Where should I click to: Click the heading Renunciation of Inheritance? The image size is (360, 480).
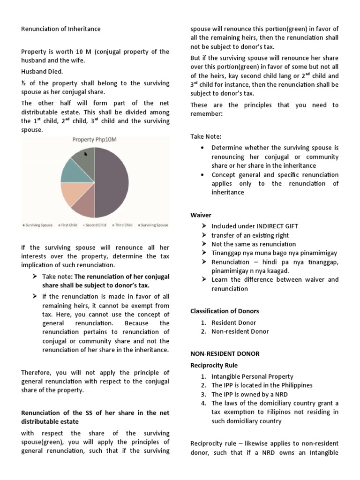coord(61,29)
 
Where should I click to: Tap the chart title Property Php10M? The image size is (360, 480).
coord(95,139)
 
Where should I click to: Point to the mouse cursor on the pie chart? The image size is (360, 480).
coord(86,154)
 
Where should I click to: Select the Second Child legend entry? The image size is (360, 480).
coord(95,225)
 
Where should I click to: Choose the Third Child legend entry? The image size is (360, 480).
coord(122,225)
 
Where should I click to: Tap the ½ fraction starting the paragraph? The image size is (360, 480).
coord(23,83)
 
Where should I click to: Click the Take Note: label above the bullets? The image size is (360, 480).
coord(206,136)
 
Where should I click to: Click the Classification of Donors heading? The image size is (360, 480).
coord(225,311)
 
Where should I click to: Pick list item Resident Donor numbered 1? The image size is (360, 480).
coord(234,322)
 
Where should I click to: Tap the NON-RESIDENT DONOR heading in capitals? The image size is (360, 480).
coord(225,353)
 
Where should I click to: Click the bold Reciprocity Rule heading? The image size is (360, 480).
coord(214,365)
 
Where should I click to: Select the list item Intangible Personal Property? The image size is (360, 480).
coord(252,376)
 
